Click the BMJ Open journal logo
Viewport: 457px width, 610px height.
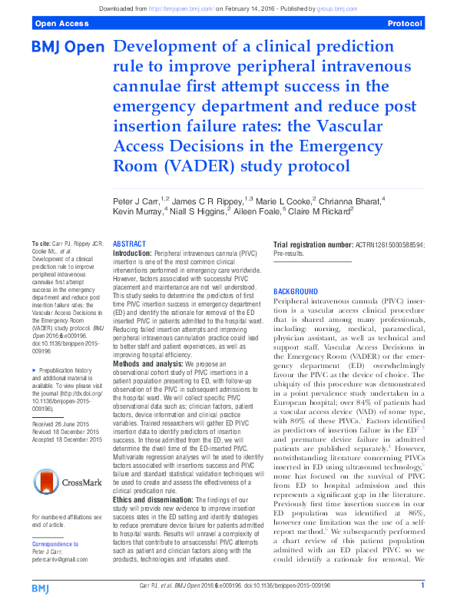(x=67, y=48)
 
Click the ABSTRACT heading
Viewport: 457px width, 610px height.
(x=129, y=243)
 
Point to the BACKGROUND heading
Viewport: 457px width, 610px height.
(x=296, y=292)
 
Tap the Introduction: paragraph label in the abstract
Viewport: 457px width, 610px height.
(x=132, y=252)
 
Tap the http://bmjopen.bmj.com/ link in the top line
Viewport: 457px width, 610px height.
(x=179, y=7)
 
